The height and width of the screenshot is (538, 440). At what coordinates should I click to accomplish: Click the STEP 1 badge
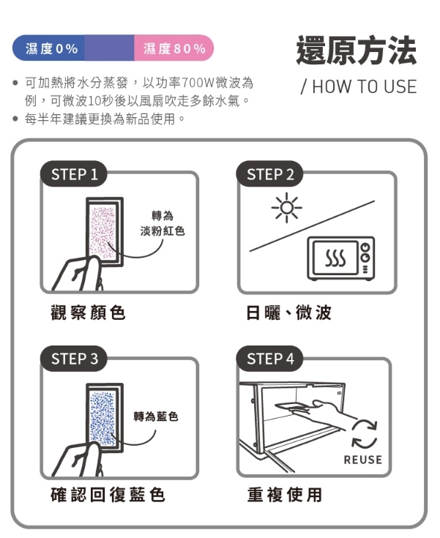click(x=74, y=174)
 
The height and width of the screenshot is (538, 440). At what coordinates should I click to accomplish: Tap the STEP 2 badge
click(x=269, y=174)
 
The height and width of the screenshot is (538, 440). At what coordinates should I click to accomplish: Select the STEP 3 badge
click(x=74, y=359)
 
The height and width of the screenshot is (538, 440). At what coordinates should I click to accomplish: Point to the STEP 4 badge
click(x=269, y=359)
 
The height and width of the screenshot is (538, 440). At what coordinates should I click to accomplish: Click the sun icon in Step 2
click(x=286, y=208)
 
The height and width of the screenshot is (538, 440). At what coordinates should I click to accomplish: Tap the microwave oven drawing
click(x=341, y=258)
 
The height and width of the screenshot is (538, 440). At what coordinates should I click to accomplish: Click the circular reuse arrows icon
click(x=364, y=434)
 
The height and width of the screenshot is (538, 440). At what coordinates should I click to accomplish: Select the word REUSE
click(x=363, y=460)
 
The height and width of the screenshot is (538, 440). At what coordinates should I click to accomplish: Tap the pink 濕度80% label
click(x=174, y=48)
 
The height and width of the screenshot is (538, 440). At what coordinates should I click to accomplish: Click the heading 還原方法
click(x=357, y=51)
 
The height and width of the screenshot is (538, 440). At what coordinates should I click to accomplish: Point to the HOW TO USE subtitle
click(x=359, y=86)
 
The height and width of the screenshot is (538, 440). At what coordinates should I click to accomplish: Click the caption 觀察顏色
click(x=88, y=313)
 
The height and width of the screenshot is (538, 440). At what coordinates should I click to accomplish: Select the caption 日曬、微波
click(x=288, y=313)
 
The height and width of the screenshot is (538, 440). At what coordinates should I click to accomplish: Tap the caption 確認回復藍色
click(x=108, y=494)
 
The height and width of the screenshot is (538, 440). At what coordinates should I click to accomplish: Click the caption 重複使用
click(x=285, y=494)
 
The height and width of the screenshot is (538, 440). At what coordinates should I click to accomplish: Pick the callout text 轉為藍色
click(x=156, y=416)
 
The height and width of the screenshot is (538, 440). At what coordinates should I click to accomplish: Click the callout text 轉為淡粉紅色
click(x=163, y=223)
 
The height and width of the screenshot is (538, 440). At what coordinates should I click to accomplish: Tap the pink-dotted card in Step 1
click(x=105, y=231)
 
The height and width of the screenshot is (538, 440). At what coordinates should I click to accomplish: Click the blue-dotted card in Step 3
click(x=105, y=418)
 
